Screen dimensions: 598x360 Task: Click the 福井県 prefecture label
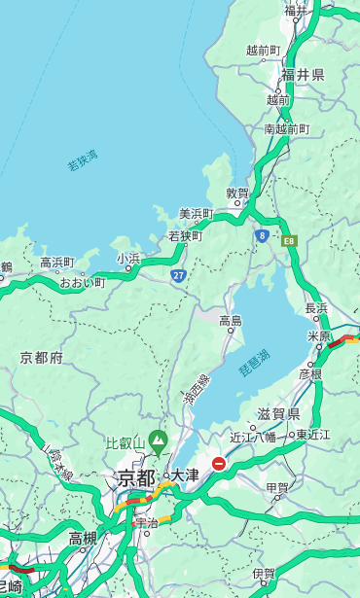pyautogui.click(x=304, y=75)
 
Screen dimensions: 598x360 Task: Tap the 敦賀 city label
pyautogui.click(x=237, y=193)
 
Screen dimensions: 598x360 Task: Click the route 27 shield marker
pyautogui.click(x=179, y=276)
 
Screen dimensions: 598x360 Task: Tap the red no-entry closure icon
pyautogui.click(x=219, y=465)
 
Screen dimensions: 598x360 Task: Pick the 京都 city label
pyautogui.click(x=136, y=477)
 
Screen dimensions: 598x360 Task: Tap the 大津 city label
pyautogui.click(x=185, y=475)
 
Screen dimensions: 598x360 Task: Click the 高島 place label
pyautogui.click(x=231, y=320)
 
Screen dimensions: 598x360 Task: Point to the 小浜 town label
pyautogui.click(x=128, y=258)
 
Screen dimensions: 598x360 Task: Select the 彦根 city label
pyautogui.click(x=310, y=373)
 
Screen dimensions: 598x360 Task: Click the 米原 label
pyautogui.click(x=319, y=335)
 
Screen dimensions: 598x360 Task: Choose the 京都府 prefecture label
pyautogui.click(x=42, y=358)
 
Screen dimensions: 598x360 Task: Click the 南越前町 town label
pyautogui.click(x=286, y=128)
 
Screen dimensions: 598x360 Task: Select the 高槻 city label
pyautogui.click(x=83, y=538)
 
